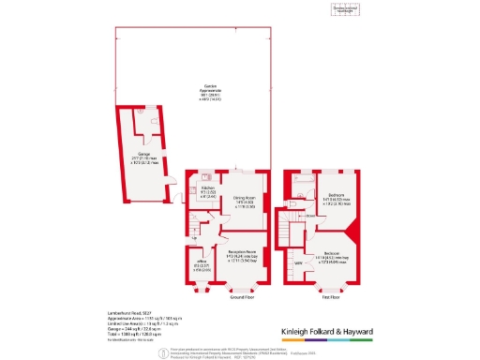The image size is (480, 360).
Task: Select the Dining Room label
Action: point(246,202)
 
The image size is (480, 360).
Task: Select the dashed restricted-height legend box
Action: point(347,10)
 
